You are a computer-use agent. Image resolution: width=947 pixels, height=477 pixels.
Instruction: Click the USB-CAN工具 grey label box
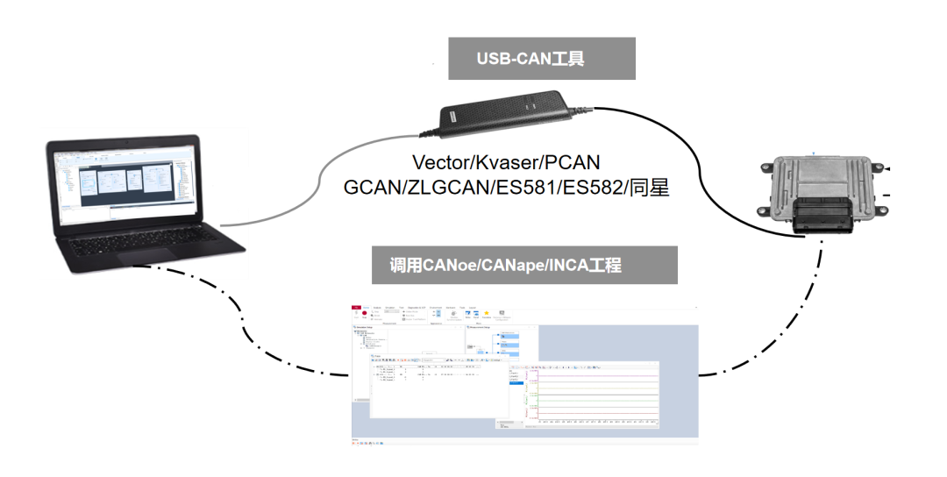point(541,59)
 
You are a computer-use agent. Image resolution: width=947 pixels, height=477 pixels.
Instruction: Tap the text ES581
point(518,188)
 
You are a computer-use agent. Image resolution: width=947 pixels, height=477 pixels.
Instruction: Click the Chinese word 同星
point(646,188)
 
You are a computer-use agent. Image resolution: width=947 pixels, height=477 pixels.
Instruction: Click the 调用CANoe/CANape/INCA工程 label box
point(523,265)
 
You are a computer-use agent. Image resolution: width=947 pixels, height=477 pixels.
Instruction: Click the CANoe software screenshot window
point(523,373)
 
